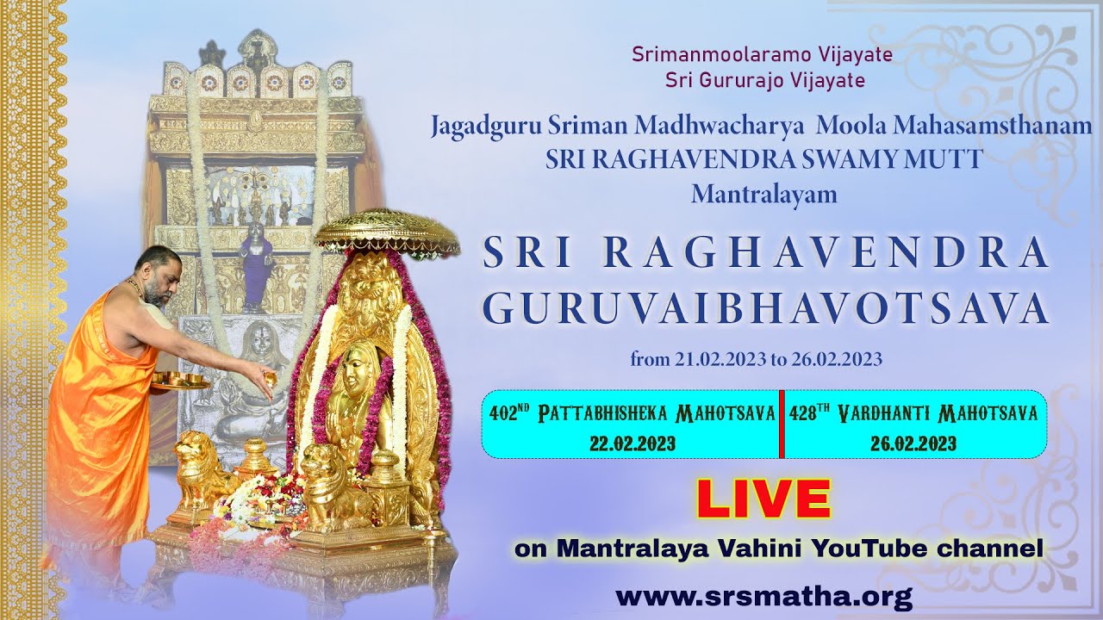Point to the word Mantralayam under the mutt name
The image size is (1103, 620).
763,194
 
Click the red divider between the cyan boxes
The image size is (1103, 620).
781,424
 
